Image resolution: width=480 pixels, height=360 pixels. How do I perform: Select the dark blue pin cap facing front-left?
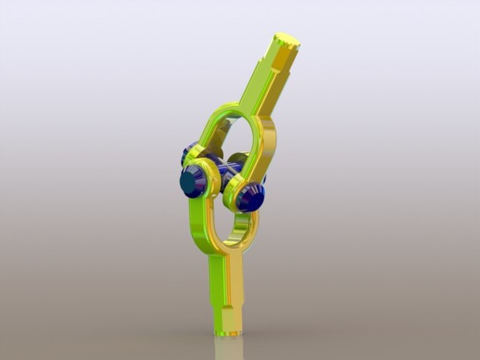190,183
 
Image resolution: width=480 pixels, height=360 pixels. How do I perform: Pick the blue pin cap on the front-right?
250,198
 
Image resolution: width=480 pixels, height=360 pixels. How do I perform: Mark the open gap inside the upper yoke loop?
237,138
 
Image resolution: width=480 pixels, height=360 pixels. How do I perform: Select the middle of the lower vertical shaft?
226,284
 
